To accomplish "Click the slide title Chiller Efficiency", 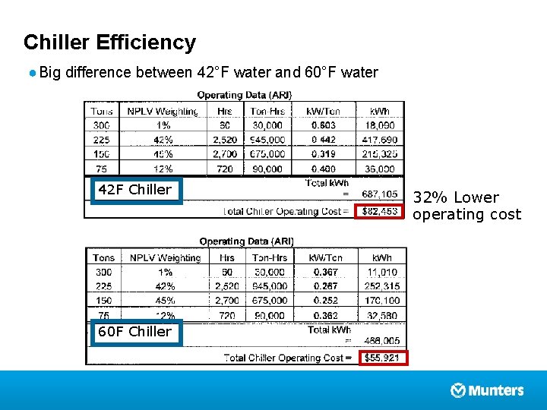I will [109, 43].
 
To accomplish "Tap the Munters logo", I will [487, 390].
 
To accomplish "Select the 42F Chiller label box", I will [135, 190].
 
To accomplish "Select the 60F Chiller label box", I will [135, 332].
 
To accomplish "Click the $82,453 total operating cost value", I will [380, 211].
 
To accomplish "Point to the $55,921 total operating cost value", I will [382, 358].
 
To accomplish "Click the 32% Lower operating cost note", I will [466, 206].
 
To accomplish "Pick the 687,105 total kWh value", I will [380, 195].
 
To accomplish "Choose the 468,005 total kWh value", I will [381, 342].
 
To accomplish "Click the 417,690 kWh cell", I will [380, 140].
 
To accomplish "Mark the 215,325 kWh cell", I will [380, 154].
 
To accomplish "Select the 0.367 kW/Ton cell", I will [325, 272].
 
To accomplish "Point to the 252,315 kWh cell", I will [381, 286].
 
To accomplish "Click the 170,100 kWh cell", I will [381, 301].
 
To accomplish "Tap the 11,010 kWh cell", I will [381, 272].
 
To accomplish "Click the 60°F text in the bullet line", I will [320, 73].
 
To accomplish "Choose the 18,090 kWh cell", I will [380, 125].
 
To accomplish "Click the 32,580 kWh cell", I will [381, 315].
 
